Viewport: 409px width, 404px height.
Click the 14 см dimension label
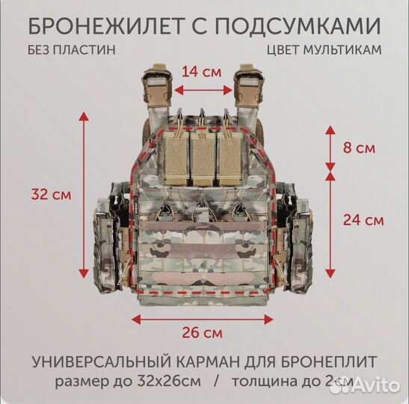(203, 73)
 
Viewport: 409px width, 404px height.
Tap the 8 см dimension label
(360, 147)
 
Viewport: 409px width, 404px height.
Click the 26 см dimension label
(203, 331)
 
